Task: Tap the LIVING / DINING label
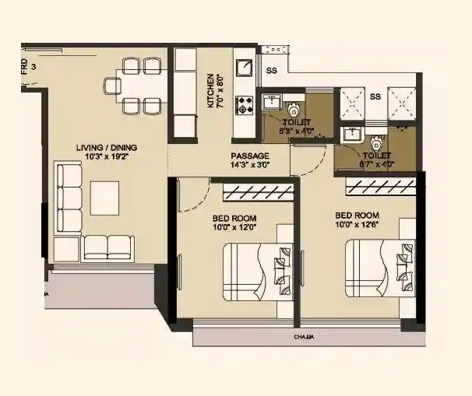pyautogui.click(x=106, y=147)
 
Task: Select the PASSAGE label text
pyautogui.click(x=249, y=156)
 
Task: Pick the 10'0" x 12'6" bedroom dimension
pyautogui.click(x=357, y=225)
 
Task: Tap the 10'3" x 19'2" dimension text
pyautogui.click(x=107, y=157)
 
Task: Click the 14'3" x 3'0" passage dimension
pyautogui.click(x=249, y=165)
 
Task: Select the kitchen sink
pyautogui.click(x=243, y=68)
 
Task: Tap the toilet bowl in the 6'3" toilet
pyautogui.click(x=294, y=109)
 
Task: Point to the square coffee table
pyautogui.click(x=104, y=198)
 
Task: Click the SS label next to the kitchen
pyautogui.click(x=271, y=71)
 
